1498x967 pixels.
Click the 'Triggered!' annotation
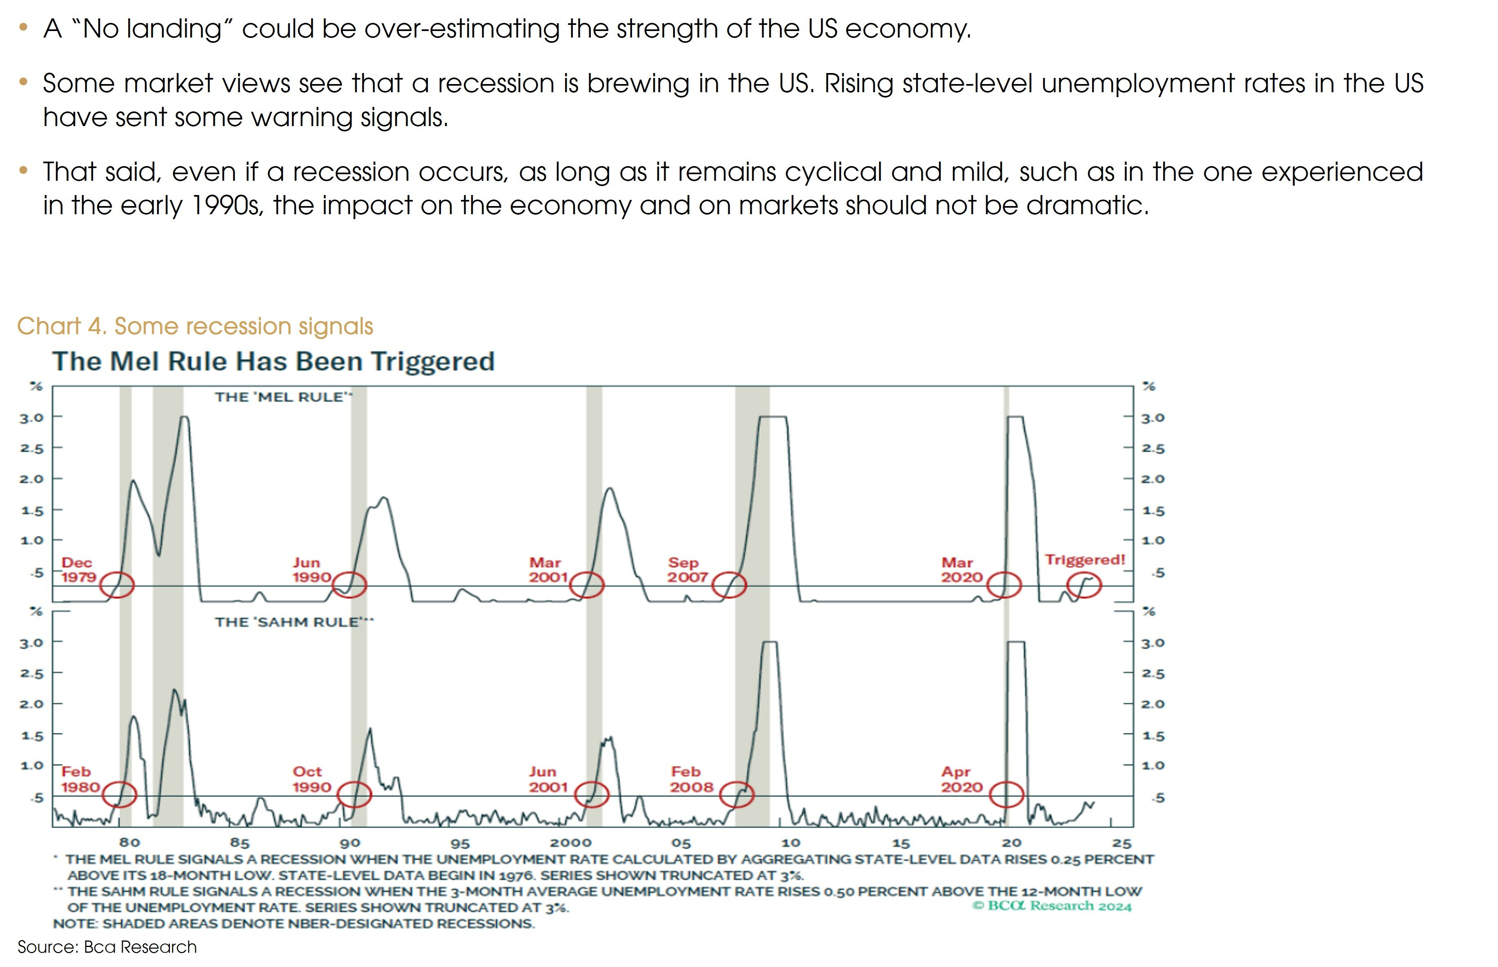(x=1084, y=559)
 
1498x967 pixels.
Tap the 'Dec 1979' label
(x=78, y=570)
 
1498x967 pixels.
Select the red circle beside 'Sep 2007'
(x=729, y=585)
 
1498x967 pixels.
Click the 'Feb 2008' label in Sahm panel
(x=691, y=779)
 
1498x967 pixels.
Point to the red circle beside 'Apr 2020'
(x=1006, y=794)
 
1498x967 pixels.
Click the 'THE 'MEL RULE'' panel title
(x=283, y=397)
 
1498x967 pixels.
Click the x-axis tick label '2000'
(x=570, y=843)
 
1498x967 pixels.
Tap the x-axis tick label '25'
(x=1122, y=843)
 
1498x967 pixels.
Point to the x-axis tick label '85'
(x=239, y=843)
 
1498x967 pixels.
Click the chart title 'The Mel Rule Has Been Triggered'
(x=273, y=362)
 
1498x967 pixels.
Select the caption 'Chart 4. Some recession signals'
(x=195, y=326)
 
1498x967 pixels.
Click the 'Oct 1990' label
(x=311, y=779)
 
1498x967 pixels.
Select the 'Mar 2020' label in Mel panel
(x=961, y=570)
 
